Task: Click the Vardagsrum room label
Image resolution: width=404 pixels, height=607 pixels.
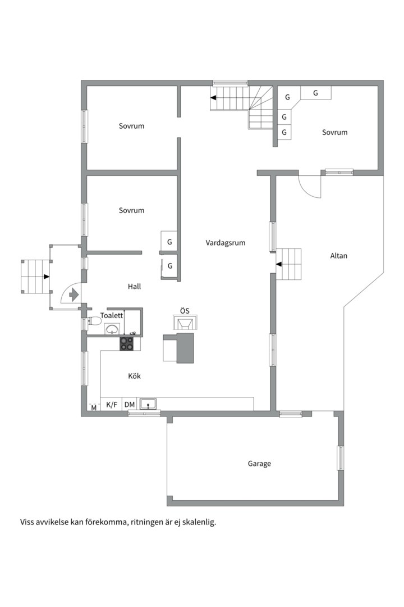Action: coord(226,243)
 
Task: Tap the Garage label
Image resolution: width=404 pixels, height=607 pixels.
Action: coord(259,463)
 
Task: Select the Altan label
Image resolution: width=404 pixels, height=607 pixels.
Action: coord(339,256)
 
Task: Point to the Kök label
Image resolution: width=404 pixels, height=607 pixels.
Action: coord(135,376)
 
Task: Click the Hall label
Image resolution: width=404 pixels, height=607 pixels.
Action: coord(135,287)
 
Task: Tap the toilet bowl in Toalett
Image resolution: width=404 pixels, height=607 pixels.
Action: coord(94,321)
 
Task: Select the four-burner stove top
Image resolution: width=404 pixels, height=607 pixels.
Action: coord(126,343)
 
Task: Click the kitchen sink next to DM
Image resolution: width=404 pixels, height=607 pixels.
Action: coord(148,405)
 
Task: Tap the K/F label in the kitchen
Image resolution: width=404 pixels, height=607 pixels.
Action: coord(112,405)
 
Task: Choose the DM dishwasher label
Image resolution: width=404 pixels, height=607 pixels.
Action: coord(130,405)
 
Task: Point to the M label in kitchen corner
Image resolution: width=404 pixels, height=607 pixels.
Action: coord(94,408)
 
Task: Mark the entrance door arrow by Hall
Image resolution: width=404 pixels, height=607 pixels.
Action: coord(74,295)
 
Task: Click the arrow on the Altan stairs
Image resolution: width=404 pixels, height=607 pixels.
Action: coord(279,264)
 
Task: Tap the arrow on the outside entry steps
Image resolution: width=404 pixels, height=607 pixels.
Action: coord(47,277)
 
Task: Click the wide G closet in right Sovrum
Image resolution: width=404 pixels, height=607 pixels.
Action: coord(316,93)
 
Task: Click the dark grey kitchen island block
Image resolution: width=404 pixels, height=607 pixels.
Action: coord(185,348)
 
